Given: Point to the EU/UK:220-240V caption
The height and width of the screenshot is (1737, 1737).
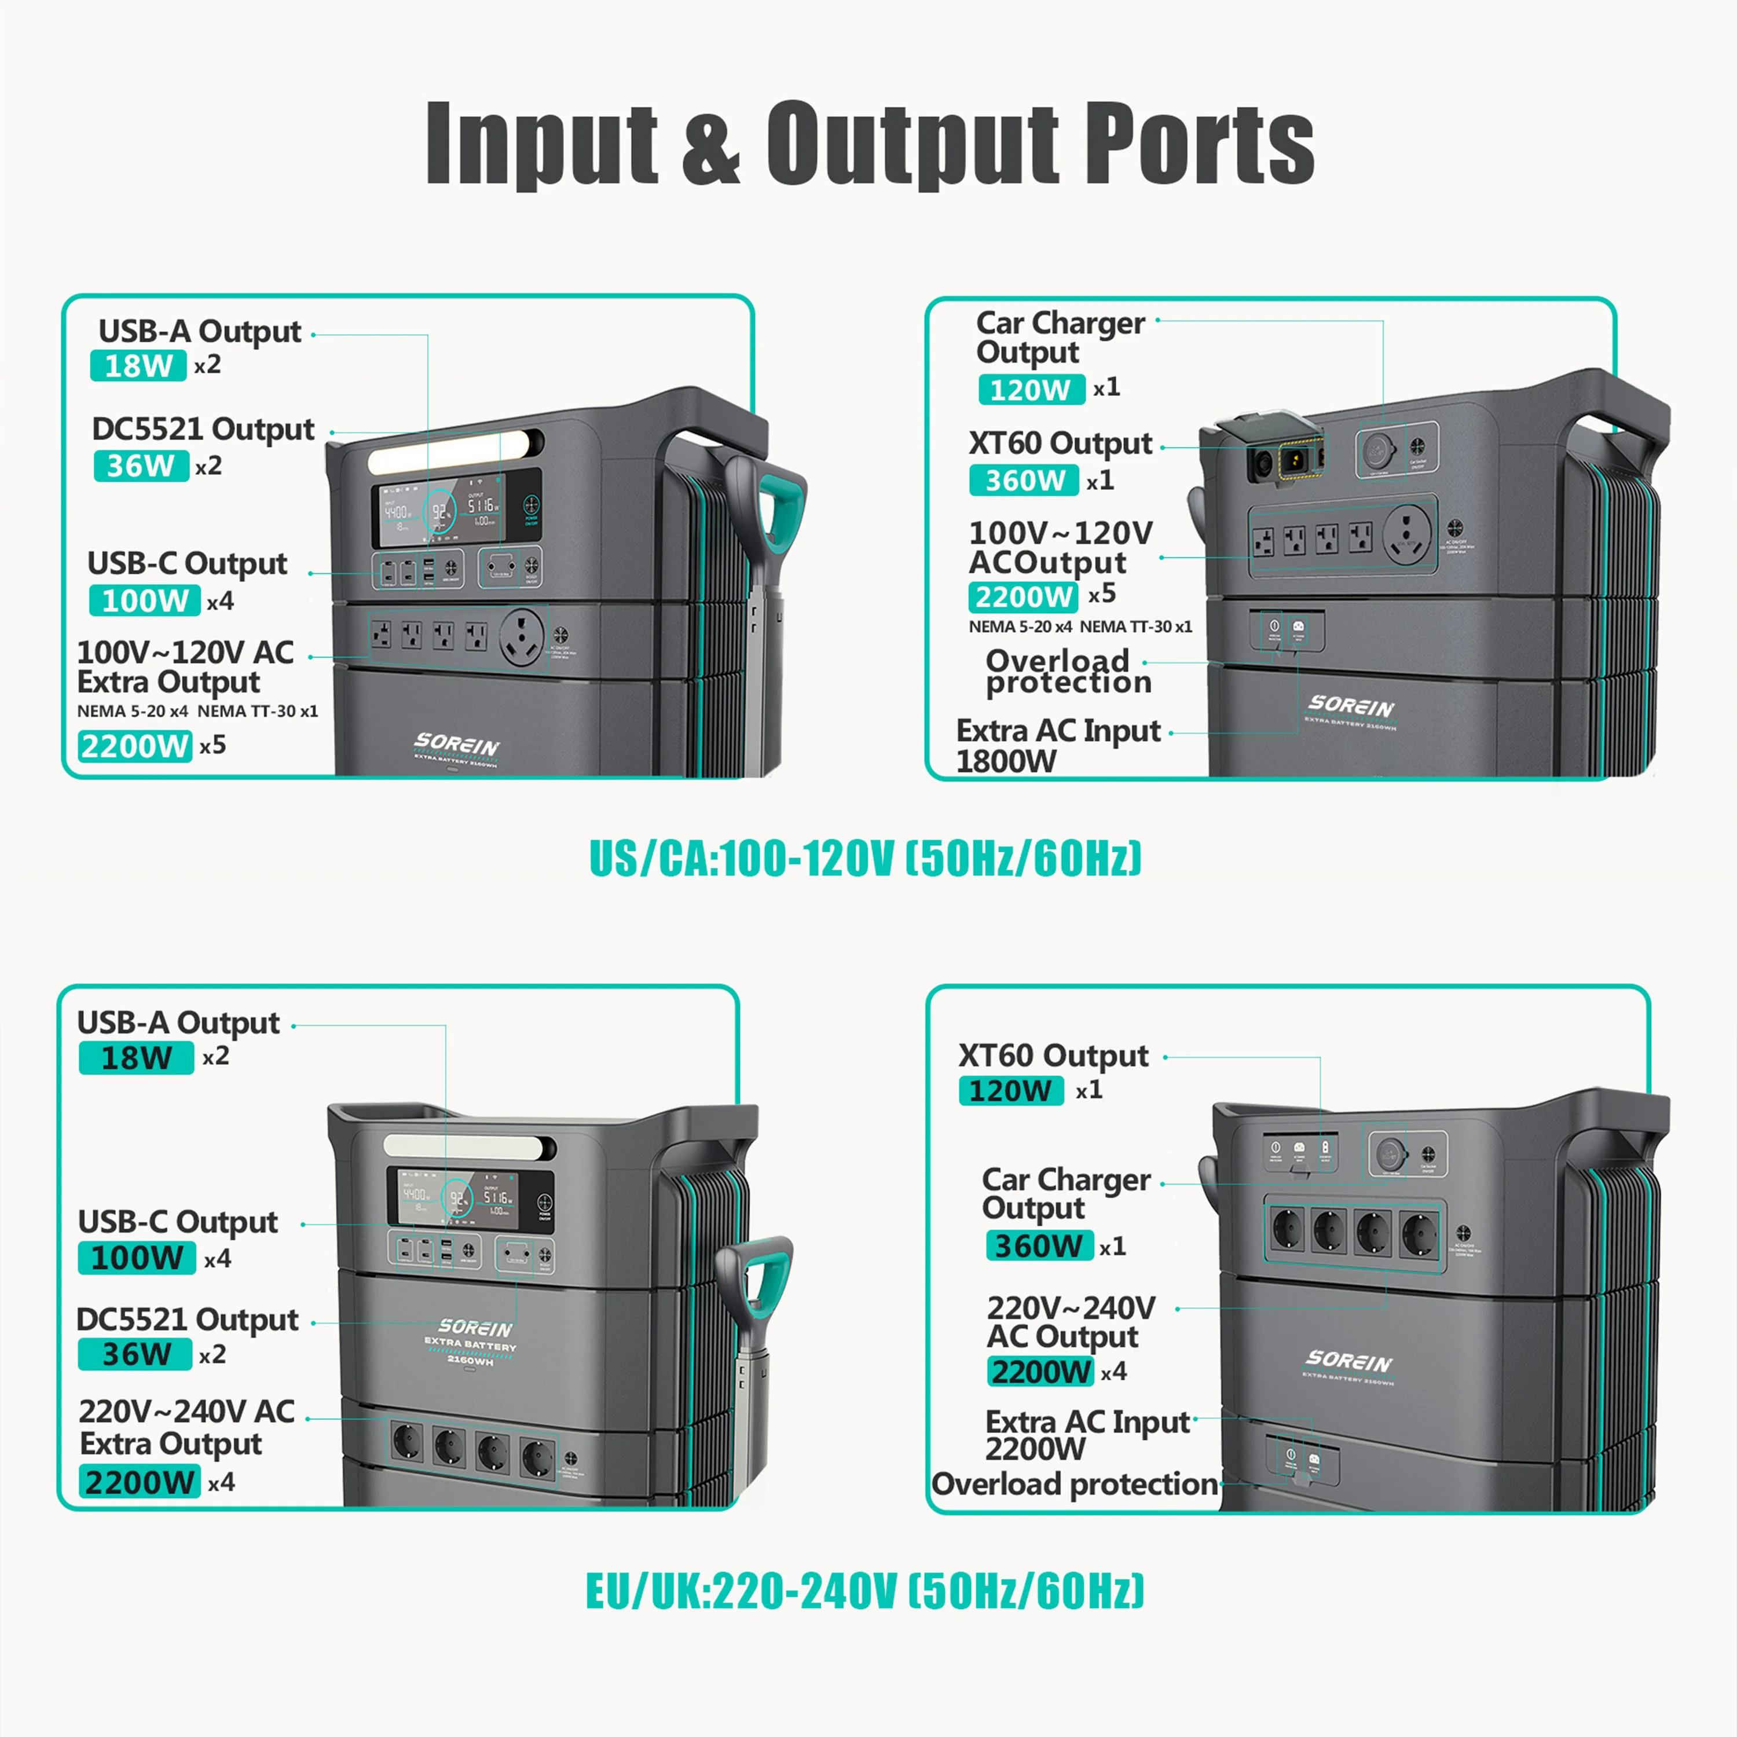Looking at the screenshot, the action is click(x=865, y=1591).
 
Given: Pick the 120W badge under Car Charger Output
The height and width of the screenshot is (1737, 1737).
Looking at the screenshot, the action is click(x=1031, y=389).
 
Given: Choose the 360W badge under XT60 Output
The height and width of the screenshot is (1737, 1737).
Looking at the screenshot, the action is click(x=1024, y=480).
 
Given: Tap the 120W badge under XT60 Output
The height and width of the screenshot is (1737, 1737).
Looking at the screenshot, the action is click(x=1010, y=1091).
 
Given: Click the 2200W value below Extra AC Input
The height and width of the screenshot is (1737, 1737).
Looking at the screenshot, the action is click(x=1035, y=1449).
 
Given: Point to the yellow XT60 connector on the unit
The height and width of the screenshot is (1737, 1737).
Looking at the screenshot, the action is click(x=1296, y=462).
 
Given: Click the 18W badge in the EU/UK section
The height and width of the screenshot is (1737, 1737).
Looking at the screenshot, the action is click(x=135, y=1057).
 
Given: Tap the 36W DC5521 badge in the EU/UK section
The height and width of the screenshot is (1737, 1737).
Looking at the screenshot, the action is click(x=135, y=1354).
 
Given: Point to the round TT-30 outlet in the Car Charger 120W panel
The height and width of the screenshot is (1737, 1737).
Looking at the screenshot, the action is click(x=1407, y=533).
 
